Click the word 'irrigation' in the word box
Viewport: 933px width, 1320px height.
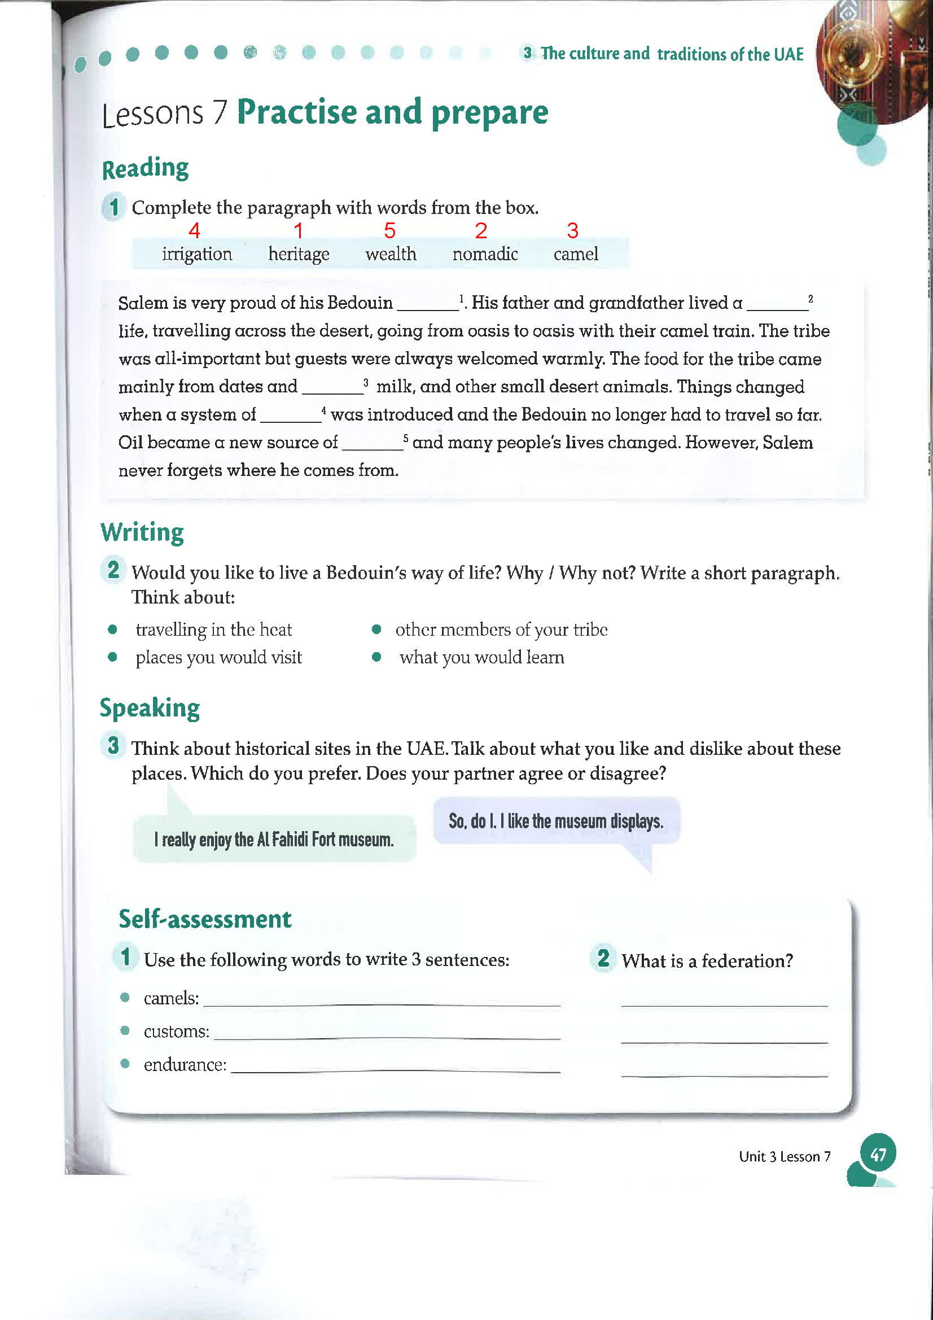click(196, 254)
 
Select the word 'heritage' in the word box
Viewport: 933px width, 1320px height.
click(299, 254)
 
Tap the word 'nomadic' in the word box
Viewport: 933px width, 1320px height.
click(485, 254)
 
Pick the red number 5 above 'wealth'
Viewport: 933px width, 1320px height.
click(390, 231)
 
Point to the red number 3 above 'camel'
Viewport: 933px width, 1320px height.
click(572, 231)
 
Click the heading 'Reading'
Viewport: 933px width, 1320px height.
click(146, 168)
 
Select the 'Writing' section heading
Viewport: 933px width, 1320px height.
click(142, 532)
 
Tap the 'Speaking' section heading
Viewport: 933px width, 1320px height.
click(150, 708)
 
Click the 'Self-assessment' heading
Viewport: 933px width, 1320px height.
click(205, 919)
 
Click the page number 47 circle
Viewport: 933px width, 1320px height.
click(878, 1155)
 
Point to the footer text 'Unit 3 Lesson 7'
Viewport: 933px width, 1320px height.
click(784, 1157)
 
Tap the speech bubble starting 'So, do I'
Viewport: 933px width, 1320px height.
click(556, 821)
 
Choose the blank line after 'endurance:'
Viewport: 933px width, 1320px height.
click(396, 1068)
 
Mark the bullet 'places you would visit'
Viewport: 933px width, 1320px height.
click(218, 657)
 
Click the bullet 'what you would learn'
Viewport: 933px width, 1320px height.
click(481, 657)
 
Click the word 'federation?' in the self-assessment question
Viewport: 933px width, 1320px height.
click(747, 961)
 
